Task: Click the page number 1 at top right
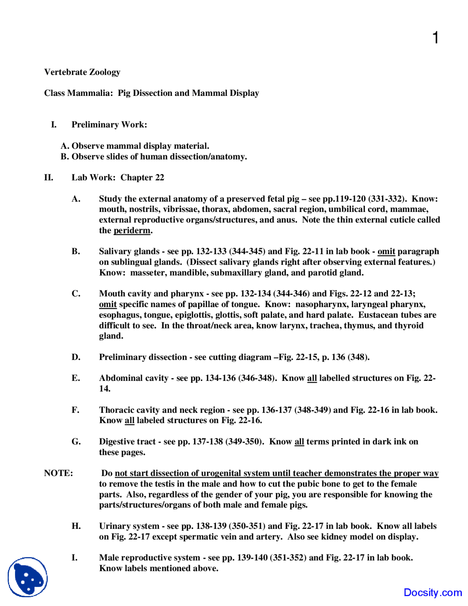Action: point(435,38)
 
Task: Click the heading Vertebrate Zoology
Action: point(82,72)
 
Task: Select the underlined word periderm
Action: point(132,231)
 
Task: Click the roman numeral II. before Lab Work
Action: point(49,177)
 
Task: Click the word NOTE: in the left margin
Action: point(58,473)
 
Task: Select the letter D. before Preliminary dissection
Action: point(76,357)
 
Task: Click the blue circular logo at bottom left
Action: point(28,577)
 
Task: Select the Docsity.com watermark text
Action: point(433,592)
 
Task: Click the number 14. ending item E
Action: point(105,389)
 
